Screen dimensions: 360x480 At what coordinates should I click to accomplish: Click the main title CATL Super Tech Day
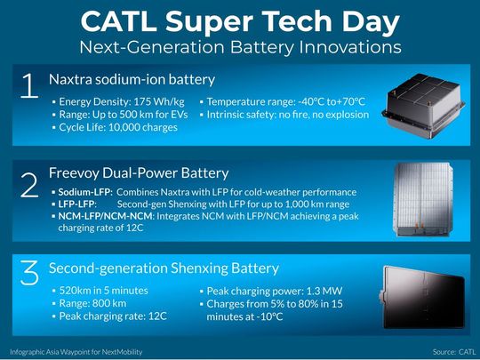[240, 20]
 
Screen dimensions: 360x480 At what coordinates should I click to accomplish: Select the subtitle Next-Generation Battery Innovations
[240, 44]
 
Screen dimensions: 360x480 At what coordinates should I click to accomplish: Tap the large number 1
[29, 87]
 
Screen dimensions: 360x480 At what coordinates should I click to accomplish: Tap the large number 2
[29, 183]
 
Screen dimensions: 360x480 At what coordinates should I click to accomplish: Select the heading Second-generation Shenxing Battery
[164, 268]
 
